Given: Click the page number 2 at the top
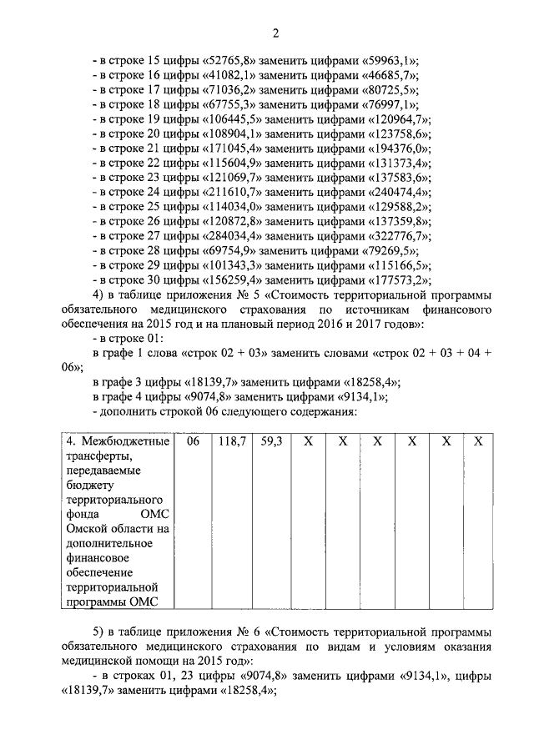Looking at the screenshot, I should [275, 33].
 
